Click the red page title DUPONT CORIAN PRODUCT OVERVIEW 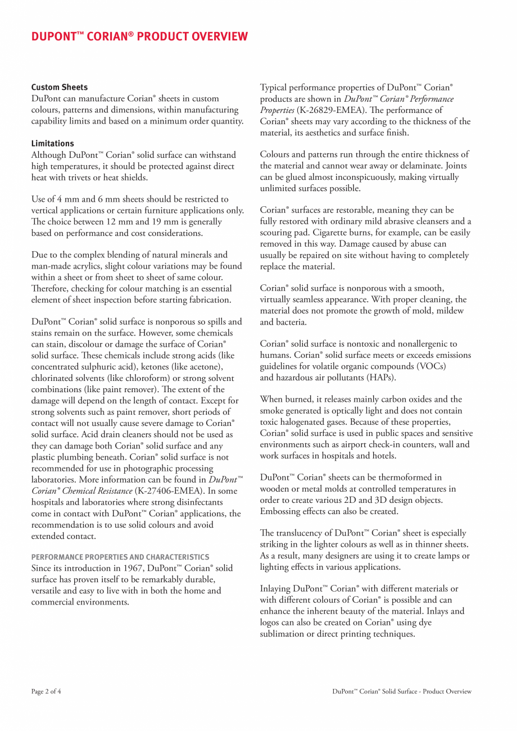click(139, 37)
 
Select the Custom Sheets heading click(59, 87)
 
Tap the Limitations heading click(52, 143)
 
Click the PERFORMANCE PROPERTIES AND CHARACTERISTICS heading click(120, 557)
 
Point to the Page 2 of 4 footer click(46, 692)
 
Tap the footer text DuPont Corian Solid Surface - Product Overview click(402, 692)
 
